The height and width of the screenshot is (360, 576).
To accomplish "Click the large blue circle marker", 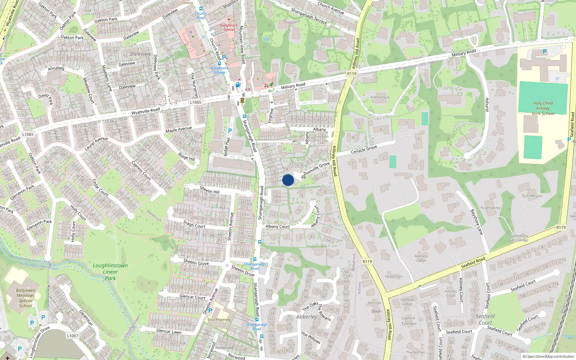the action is tap(288, 180).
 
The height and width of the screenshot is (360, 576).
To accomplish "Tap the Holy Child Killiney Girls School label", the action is tap(543, 108).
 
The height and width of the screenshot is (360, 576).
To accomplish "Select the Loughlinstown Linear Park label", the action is tap(110, 271).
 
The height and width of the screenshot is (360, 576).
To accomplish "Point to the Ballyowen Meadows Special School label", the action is tap(26, 298).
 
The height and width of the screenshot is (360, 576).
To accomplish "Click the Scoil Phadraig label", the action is tap(219, 319).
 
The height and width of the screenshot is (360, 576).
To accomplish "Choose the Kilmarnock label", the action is tap(380, 97).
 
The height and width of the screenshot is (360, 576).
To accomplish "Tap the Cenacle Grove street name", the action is tap(364, 149).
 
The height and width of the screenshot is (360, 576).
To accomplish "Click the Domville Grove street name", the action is tap(316, 168).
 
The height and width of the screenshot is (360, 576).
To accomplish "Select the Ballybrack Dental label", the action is tap(229, 27).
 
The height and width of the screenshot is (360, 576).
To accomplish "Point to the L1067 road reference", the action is tap(72, 336).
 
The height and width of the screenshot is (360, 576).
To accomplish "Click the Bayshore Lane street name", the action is tap(476, 222).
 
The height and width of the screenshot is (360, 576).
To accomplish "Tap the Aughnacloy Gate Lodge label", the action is tap(518, 238).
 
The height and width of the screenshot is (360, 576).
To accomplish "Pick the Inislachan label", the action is tap(393, 276).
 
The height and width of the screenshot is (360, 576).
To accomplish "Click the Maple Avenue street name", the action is tap(179, 129).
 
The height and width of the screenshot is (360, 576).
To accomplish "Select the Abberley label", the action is tap(306, 317).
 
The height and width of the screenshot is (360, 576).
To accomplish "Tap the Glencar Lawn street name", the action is tap(169, 331).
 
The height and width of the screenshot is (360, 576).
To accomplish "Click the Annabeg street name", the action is tap(56, 68).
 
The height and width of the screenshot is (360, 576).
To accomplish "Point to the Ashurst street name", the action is tap(487, 105).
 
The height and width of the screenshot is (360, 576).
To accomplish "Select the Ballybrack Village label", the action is tap(220, 70).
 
